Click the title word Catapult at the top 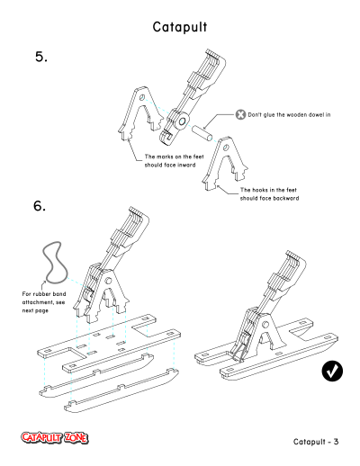180,27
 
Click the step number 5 41,57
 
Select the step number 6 40,206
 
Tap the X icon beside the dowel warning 240,114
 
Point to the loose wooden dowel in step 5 202,133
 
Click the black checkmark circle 332,372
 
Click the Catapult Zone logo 55,438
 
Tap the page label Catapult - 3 316,442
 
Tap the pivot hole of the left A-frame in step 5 142,97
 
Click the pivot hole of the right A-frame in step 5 226,148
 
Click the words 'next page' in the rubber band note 35,310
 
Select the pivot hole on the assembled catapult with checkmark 265,325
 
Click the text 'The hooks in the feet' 268,190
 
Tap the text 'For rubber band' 44,294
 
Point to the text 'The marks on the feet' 175,157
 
